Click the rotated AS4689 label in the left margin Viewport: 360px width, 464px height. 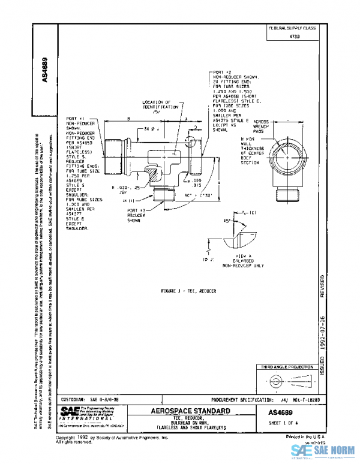point(46,69)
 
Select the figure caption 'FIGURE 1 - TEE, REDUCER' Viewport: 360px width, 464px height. point(188,290)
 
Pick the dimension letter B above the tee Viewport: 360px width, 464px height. point(129,120)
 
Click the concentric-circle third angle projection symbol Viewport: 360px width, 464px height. point(278,380)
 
